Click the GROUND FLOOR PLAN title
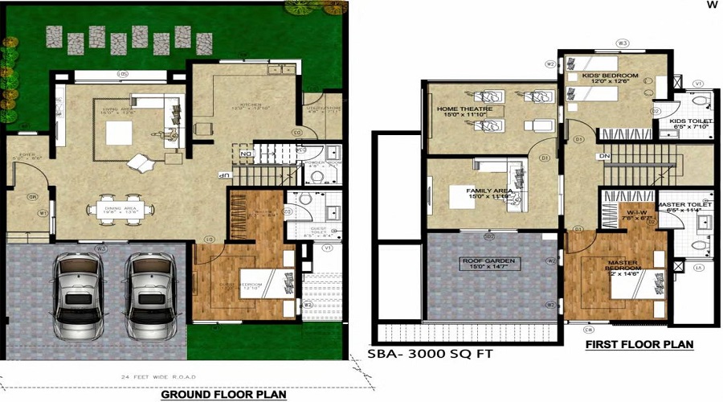click(x=223, y=395)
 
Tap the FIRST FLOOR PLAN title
click(x=639, y=344)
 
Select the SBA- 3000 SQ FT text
click(x=430, y=353)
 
